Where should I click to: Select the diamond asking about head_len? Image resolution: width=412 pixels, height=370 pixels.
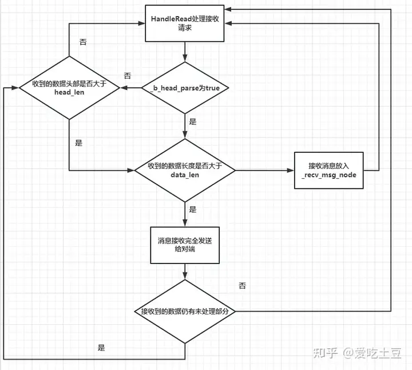69,88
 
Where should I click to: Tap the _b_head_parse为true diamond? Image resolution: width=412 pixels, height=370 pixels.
184,88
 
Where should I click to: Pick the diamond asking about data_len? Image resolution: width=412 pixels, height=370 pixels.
184,170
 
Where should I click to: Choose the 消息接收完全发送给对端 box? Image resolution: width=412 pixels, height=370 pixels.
184,246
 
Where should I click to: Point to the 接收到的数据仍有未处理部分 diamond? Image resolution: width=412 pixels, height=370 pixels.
184,311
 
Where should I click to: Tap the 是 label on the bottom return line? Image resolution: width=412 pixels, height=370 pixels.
102,348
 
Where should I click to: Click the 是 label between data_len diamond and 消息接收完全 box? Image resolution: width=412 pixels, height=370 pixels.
192,210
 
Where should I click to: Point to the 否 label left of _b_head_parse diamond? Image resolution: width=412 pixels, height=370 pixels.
128,76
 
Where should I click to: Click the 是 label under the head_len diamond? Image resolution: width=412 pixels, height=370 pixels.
79,143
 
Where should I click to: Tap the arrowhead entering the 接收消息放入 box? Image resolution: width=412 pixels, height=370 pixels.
291,170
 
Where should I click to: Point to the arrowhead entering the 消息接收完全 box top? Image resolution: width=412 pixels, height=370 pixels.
184,225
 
